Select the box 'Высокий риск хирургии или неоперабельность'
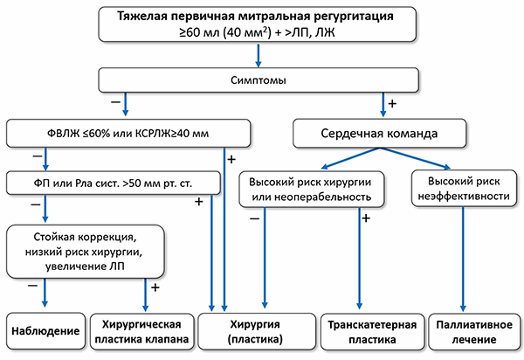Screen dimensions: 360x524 pos(311,188)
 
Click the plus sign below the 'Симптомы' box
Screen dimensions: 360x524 pos(392,104)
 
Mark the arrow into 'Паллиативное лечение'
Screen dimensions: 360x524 pos(462,262)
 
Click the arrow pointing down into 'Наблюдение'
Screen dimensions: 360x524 pos(44,293)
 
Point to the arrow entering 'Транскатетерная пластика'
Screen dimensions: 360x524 pos(358,262)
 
